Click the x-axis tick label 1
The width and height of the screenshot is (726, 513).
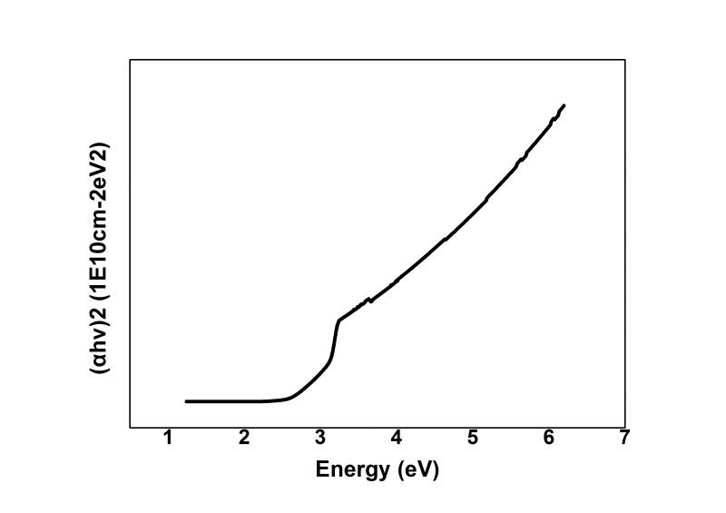[x=168, y=439]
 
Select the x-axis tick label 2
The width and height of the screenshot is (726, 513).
[x=244, y=439]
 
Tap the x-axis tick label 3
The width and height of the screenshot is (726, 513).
[x=320, y=439]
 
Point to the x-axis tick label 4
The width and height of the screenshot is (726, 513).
[x=397, y=439]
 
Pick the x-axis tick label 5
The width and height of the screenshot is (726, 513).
[x=473, y=439]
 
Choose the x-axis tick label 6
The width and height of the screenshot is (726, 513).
[x=549, y=439]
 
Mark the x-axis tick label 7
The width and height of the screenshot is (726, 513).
[x=624, y=439]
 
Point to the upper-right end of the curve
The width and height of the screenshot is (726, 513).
[x=564, y=106]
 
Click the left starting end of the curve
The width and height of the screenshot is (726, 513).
[x=187, y=400]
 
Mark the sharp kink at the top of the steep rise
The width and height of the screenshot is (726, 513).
[x=339, y=321]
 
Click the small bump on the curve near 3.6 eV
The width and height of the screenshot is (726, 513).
[x=368, y=300]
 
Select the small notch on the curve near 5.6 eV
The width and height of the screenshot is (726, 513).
[x=520, y=161]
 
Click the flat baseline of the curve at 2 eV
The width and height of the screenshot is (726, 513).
[x=244, y=400]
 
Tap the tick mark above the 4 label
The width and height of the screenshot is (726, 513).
[x=397, y=424]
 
